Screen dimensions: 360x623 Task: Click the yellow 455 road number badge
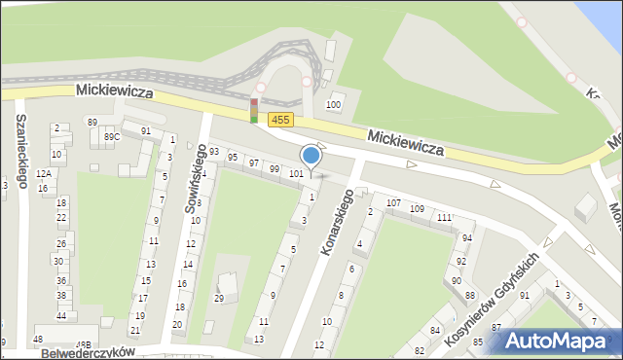(x=281, y=119)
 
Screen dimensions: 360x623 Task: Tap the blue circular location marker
(x=311, y=156)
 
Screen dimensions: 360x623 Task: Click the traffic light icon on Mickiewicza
(x=254, y=111)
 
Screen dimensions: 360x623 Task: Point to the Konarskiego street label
(x=336, y=222)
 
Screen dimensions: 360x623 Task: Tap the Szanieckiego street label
(x=20, y=151)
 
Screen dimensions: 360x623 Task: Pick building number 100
(x=334, y=104)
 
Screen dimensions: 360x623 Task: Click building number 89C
(x=112, y=137)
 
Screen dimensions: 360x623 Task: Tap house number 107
(x=393, y=203)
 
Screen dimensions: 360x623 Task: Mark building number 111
(x=444, y=217)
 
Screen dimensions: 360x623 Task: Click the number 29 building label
(x=219, y=298)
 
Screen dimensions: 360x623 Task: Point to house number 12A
(x=43, y=173)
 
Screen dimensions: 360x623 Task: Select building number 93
(x=214, y=152)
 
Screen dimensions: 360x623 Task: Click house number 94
(x=467, y=237)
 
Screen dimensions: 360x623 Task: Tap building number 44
(x=61, y=316)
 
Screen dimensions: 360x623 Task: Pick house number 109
(x=417, y=209)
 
